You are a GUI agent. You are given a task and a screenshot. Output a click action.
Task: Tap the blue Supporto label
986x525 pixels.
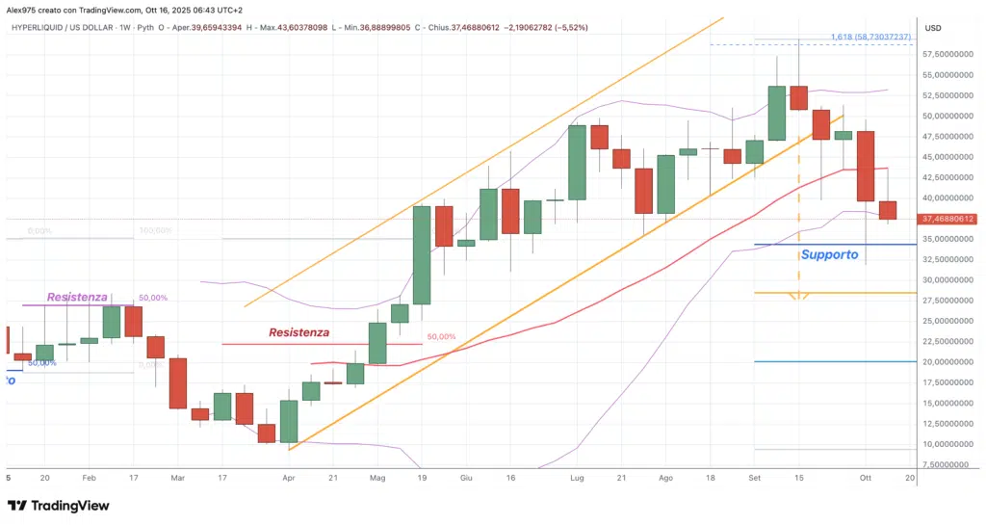[x=829, y=255]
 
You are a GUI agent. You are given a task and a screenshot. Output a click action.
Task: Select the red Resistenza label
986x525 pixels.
[x=299, y=332]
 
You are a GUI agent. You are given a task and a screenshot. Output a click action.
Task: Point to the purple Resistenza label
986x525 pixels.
[x=77, y=297]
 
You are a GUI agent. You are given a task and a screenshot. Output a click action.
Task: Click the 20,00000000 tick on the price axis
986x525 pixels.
[x=949, y=362]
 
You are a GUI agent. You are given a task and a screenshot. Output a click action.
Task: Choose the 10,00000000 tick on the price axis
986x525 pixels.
[x=949, y=444]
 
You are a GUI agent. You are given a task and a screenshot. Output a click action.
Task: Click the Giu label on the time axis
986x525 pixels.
[x=466, y=477]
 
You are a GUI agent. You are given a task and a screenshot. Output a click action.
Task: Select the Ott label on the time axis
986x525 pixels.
[x=865, y=477]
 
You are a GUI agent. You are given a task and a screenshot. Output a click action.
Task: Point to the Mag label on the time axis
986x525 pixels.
[x=377, y=477]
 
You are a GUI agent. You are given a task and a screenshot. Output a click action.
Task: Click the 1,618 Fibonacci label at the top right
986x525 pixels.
[x=870, y=37]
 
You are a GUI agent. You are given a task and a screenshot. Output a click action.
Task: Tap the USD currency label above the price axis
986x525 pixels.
[x=933, y=28]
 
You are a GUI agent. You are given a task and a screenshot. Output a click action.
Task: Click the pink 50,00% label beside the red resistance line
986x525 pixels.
[x=441, y=337]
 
